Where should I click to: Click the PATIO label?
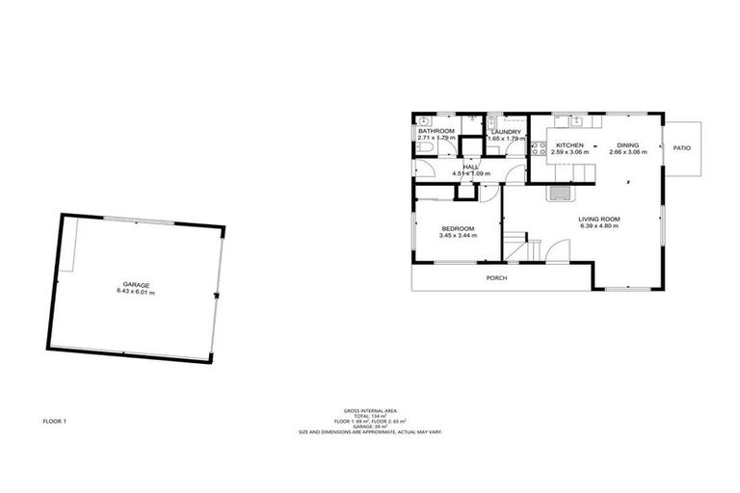[681, 148]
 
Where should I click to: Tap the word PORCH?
[496, 278]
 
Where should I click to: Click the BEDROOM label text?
[456, 228]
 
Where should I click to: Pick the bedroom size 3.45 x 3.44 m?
[456, 236]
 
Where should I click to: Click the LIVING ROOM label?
[597, 219]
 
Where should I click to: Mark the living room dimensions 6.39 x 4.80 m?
[597, 226]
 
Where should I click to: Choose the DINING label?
[627, 144]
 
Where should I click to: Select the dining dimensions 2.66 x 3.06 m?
[627, 152]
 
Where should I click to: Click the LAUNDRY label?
[506, 132]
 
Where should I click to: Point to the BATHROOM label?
[436, 131]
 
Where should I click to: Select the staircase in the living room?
[518, 246]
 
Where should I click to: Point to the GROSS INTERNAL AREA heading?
[370, 409]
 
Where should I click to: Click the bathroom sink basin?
[425, 122]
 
